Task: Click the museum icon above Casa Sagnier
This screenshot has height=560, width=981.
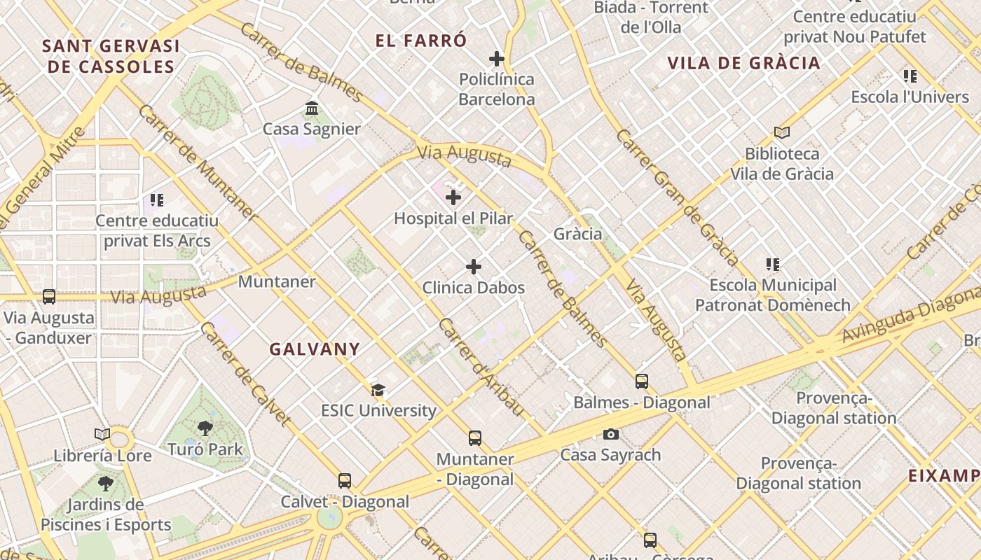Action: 312,108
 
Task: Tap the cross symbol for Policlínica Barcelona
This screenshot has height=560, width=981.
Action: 497,59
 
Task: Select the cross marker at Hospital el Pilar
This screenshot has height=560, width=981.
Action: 453,197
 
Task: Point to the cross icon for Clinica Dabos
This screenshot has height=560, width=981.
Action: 474,267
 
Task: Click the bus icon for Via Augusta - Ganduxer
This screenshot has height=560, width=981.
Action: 49,297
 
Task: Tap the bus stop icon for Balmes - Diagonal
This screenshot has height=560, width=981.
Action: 642,381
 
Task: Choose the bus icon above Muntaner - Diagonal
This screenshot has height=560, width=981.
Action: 475,438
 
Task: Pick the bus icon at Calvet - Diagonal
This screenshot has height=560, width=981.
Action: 345,481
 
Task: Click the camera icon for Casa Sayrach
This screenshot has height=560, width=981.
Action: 610,435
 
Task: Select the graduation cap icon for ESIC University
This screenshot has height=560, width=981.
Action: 378,390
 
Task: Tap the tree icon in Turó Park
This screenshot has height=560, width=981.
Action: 205,428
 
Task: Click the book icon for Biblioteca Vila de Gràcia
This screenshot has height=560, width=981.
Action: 782,132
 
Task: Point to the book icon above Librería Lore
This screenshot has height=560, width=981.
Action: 102,435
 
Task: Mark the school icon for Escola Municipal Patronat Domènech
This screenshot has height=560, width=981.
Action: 773,265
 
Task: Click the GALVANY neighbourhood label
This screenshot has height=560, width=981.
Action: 315,349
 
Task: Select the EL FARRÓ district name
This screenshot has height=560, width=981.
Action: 420,41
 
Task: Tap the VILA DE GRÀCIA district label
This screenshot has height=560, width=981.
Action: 743,63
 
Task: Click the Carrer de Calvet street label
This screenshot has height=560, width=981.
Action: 245,374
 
